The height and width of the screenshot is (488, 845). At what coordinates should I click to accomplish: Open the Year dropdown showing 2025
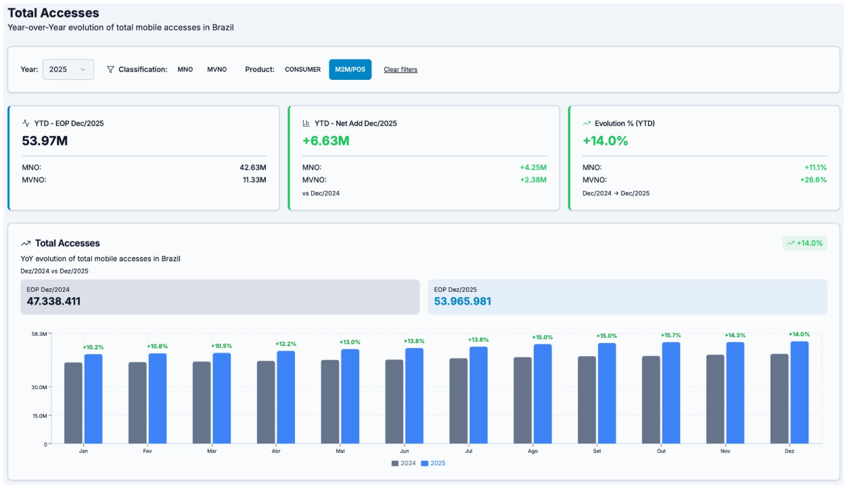coord(68,69)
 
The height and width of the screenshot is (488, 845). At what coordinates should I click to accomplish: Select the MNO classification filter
coord(185,70)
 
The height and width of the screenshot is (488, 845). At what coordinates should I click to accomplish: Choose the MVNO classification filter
coord(216,70)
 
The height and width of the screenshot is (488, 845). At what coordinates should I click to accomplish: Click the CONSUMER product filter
coord(302,70)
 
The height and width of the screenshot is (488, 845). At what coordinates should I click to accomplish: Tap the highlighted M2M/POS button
coord(350,70)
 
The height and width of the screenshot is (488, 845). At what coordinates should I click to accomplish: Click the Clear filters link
coord(401,70)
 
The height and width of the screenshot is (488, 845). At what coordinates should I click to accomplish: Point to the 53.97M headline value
coord(45,141)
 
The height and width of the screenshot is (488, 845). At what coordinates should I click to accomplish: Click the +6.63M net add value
coord(325,141)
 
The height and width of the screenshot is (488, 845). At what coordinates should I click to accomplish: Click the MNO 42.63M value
coord(252,167)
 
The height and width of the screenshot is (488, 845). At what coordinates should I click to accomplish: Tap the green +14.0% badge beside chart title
coord(804,243)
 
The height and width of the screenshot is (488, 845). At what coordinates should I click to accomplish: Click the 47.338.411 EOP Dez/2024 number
coord(53,301)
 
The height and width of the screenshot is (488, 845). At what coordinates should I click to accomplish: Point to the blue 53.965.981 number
coord(462,301)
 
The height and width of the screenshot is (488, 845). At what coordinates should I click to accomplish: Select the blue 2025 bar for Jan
coord(93,399)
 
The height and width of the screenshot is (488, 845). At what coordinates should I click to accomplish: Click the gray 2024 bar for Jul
coord(458,401)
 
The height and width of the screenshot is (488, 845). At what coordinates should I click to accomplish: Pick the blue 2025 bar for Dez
coord(799,393)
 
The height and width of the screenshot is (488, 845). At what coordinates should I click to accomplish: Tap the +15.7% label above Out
coord(670,336)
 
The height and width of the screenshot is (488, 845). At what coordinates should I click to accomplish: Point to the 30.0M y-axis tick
coord(39,387)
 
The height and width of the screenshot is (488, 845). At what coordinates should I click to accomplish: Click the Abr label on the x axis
coord(276,451)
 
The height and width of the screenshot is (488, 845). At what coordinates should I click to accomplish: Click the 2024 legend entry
coord(404,464)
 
